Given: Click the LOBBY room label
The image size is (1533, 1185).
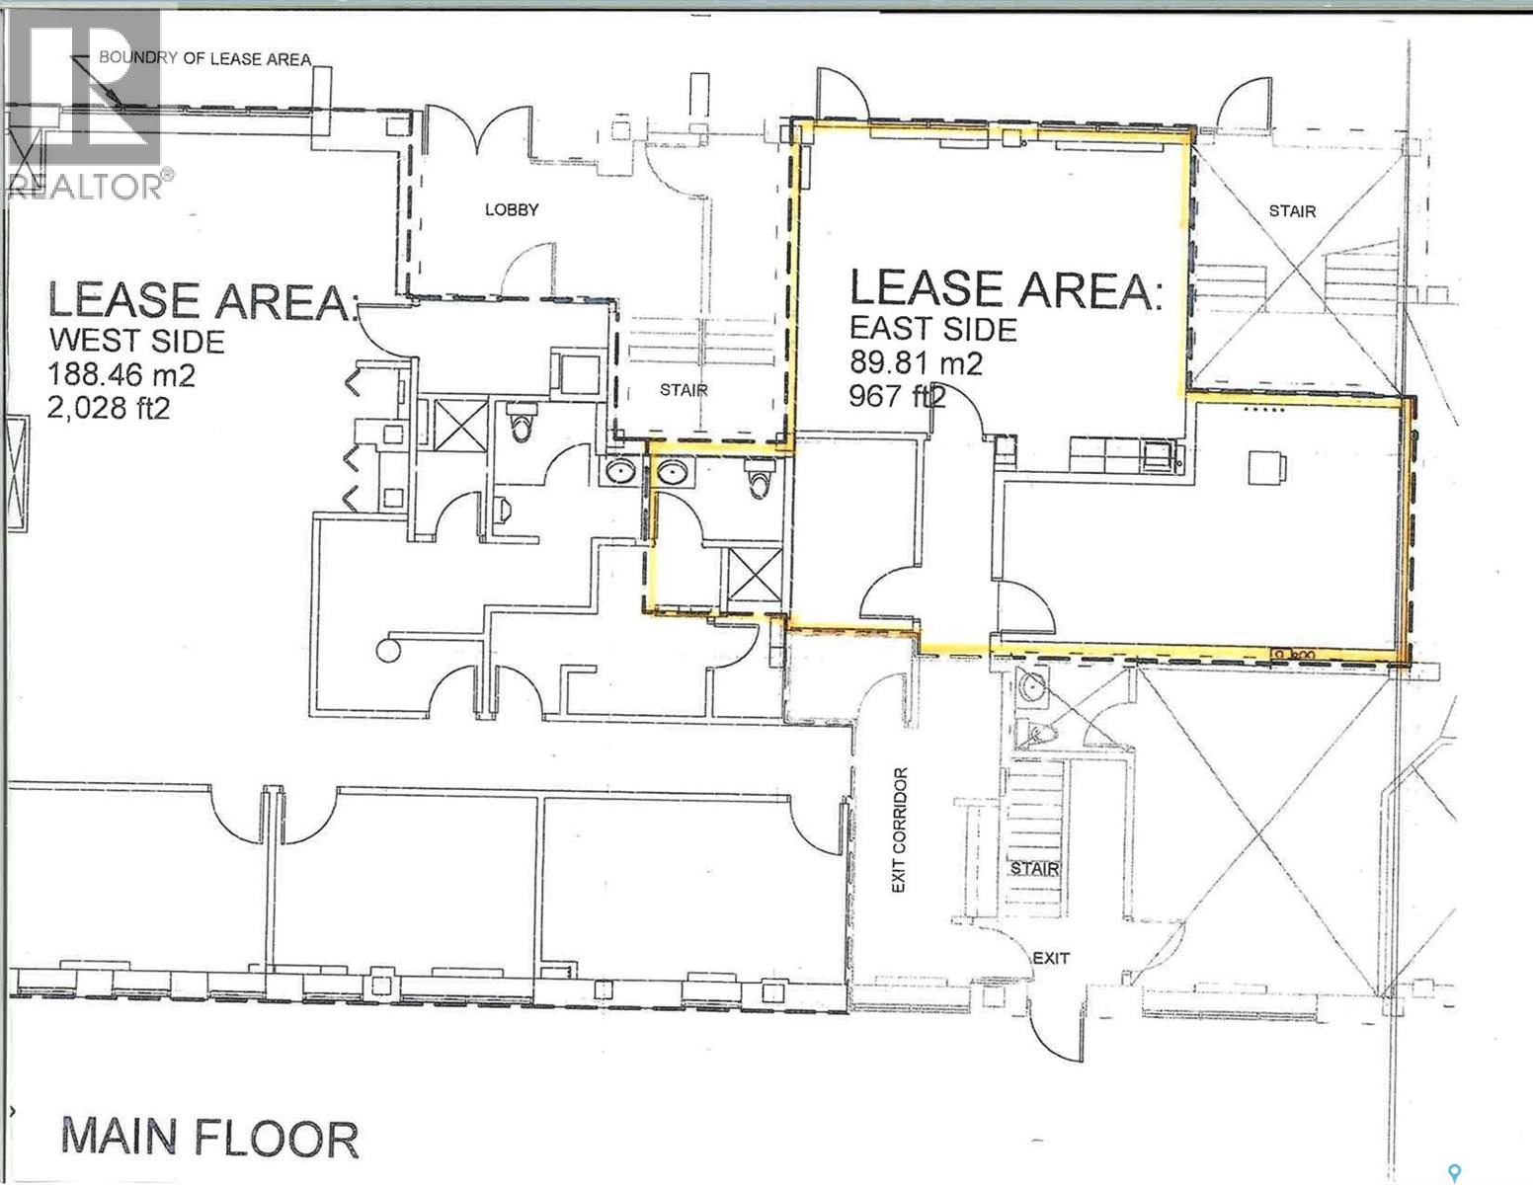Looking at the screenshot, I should tap(511, 209).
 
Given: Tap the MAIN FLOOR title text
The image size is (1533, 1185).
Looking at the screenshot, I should tap(209, 1138).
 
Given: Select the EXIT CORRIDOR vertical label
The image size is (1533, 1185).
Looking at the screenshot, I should tap(898, 830).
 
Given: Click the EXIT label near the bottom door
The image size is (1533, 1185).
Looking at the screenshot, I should tap(1050, 957).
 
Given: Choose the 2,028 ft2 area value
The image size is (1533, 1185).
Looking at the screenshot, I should tap(109, 406).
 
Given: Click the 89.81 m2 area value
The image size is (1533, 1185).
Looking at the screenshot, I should tap(917, 363).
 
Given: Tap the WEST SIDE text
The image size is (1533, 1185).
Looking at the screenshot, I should tap(136, 341).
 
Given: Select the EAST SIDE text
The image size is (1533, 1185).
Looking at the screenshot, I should tap(933, 329).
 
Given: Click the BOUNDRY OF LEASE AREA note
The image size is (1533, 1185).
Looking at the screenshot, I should tap(204, 58).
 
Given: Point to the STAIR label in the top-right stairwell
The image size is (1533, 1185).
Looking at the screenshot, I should tap(1292, 210).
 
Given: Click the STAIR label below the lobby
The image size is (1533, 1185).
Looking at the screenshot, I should tap(684, 389).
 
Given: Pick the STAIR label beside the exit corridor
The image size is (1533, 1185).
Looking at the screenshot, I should tap(1034, 869).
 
